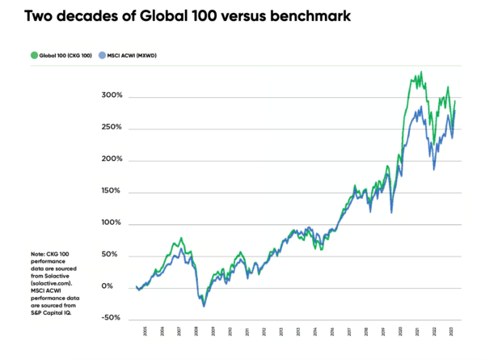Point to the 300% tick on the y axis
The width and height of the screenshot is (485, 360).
pos(112,96)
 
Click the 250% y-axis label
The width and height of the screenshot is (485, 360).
pos(112,128)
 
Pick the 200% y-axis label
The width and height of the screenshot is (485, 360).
pos(112,159)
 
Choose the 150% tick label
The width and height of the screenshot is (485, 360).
pos(112,192)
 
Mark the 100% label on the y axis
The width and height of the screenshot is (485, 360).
pos(112,223)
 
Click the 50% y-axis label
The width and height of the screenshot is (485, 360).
pos(114,255)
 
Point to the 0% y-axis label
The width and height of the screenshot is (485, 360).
pos(116,287)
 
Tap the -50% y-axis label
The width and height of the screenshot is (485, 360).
pos(112,319)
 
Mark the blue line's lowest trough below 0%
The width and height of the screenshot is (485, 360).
pos(204,306)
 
